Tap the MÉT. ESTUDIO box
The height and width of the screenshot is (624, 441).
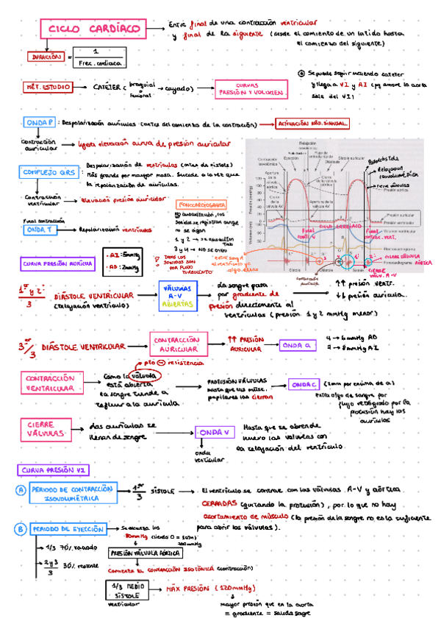pyautogui.click(x=49, y=87)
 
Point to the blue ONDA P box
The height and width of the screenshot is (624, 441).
pyautogui.click(x=39, y=123)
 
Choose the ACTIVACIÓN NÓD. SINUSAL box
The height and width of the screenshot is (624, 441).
pyautogui.click(x=312, y=124)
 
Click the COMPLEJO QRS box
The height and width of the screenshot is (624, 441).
pyautogui.click(x=45, y=172)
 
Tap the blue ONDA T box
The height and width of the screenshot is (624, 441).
pyautogui.click(x=37, y=229)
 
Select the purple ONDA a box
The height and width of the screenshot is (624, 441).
pyautogui.click(x=297, y=345)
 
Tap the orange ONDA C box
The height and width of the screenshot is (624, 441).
pyautogui.click(x=302, y=384)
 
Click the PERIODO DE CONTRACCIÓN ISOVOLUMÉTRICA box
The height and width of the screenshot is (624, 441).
pyautogui.click(x=71, y=494)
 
